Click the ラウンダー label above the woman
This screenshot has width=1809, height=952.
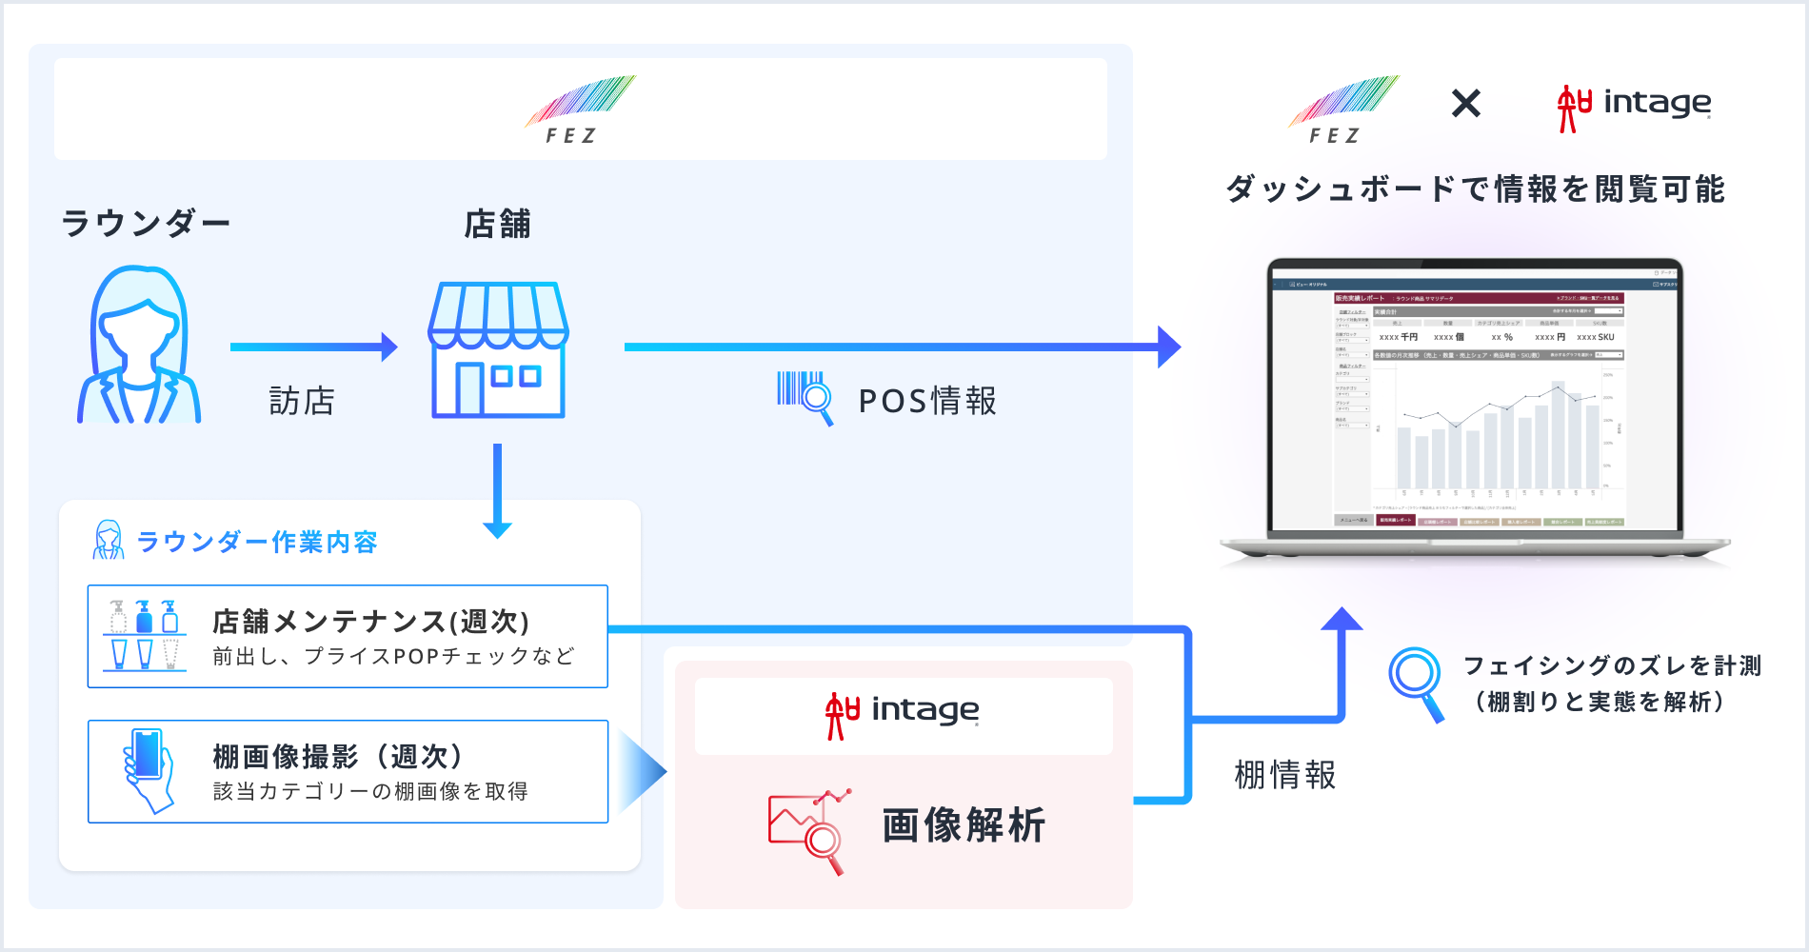[146, 224]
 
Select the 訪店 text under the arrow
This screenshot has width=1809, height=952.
[302, 401]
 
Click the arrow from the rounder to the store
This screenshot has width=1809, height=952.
[313, 347]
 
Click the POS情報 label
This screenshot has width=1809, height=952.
[927, 401]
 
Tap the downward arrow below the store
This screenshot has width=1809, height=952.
[497, 490]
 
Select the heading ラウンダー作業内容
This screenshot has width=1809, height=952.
[257, 542]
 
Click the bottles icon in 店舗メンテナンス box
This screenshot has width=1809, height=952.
[144, 635]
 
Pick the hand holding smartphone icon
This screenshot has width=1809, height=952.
[149, 770]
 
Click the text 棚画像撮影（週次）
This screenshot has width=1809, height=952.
[339, 757]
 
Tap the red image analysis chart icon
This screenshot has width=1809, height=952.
[808, 830]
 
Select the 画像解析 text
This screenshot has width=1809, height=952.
[964, 824]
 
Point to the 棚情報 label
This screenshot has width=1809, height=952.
[1284, 775]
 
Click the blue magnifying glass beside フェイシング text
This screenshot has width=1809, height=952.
[1417, 683]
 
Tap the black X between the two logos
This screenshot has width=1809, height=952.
[1466, 103]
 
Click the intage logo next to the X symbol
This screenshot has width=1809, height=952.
[1634, 106]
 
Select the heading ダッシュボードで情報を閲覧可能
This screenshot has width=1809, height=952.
[1475, 189]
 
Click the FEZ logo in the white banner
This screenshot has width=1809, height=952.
[580, 109]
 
